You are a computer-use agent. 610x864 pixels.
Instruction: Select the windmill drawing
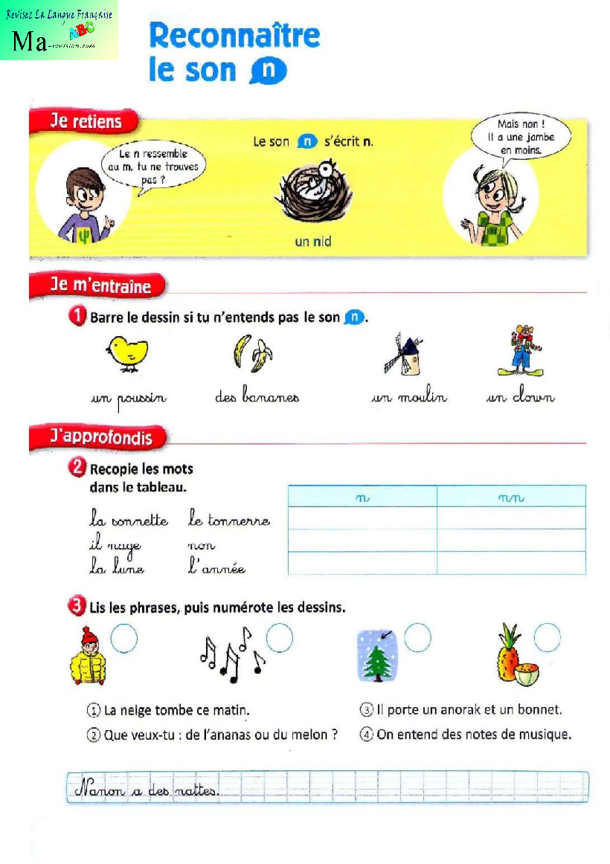[402, 352]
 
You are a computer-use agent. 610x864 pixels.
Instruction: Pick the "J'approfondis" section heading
[97, 437]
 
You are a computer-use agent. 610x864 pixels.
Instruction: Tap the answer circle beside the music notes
[280, 638]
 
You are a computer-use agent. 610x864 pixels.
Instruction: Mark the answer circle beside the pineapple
[547, 637]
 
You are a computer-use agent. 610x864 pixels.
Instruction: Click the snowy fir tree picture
[376, 655]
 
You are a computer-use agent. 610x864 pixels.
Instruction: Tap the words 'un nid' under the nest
[312, 241]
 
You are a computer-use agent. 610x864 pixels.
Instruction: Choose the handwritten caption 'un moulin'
[409, 398]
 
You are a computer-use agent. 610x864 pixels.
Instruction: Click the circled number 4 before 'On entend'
[366, 735]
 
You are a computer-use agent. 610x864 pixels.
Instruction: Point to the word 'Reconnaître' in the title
[234, 36]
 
